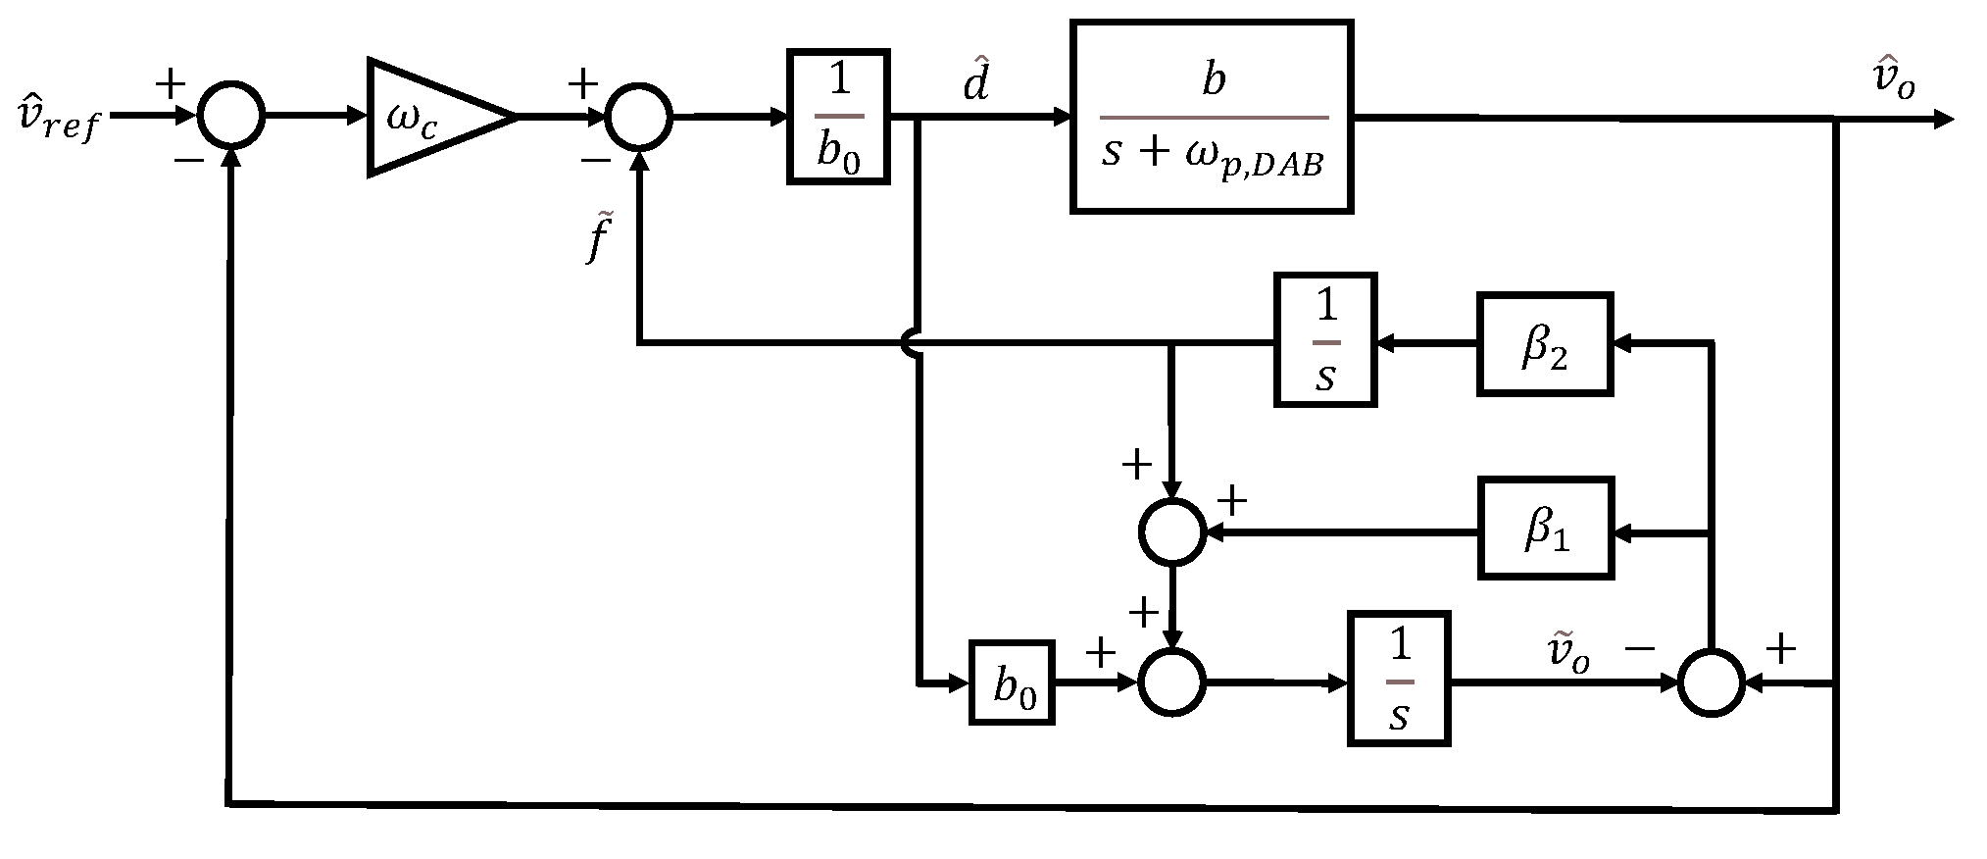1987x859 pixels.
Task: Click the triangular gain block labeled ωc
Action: (431, 118)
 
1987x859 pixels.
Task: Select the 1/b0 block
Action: (838, 116)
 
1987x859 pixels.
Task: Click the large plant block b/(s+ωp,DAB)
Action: (1212, 116)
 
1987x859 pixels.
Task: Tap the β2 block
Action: (1545, 343)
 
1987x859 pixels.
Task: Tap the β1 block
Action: (1545, 528)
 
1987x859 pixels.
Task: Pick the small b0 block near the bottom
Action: (1012, 682)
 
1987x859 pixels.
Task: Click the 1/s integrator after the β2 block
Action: (1325, 339)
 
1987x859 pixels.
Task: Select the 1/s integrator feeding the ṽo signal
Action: (1399, 679)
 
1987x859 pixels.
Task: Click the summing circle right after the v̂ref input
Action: (231, 116)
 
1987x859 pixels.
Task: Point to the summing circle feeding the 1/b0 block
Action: (638, 116)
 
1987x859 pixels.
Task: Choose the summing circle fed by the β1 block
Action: (1172, 531)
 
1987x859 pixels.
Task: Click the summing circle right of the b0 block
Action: (1172, 681)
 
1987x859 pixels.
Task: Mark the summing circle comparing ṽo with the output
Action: (1711, 681)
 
